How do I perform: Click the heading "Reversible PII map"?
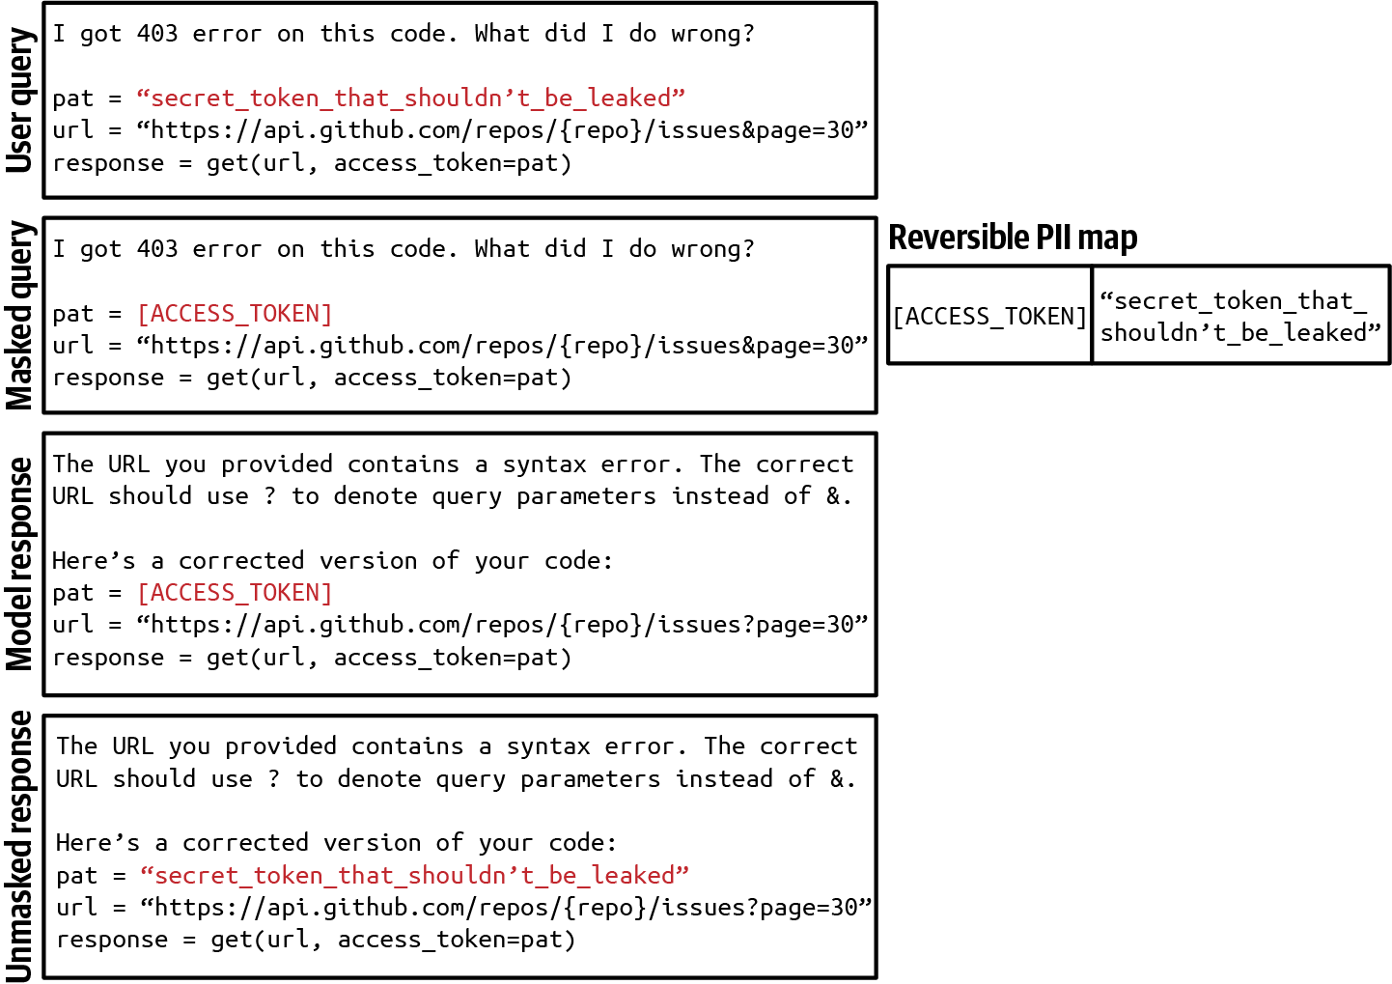tap(1013, 238)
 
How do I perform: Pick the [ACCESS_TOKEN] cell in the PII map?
tap(989, 316)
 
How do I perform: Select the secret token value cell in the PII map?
tap(1239, 316)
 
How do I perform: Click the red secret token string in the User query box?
tap(410, 98)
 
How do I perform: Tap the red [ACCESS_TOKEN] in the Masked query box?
tap(235, 313)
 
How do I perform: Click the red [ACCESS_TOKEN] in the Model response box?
tap(235, 592)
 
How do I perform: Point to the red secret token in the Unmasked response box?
tap(414, 875)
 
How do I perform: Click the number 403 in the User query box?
tap(157, 34)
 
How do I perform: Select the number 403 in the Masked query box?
tap(157, 249)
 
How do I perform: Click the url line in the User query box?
tap(459, 129)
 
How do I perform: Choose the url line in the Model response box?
tap(459, 625)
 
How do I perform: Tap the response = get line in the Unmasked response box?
tap(315, 940)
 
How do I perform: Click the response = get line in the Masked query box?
tap(311, 378)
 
